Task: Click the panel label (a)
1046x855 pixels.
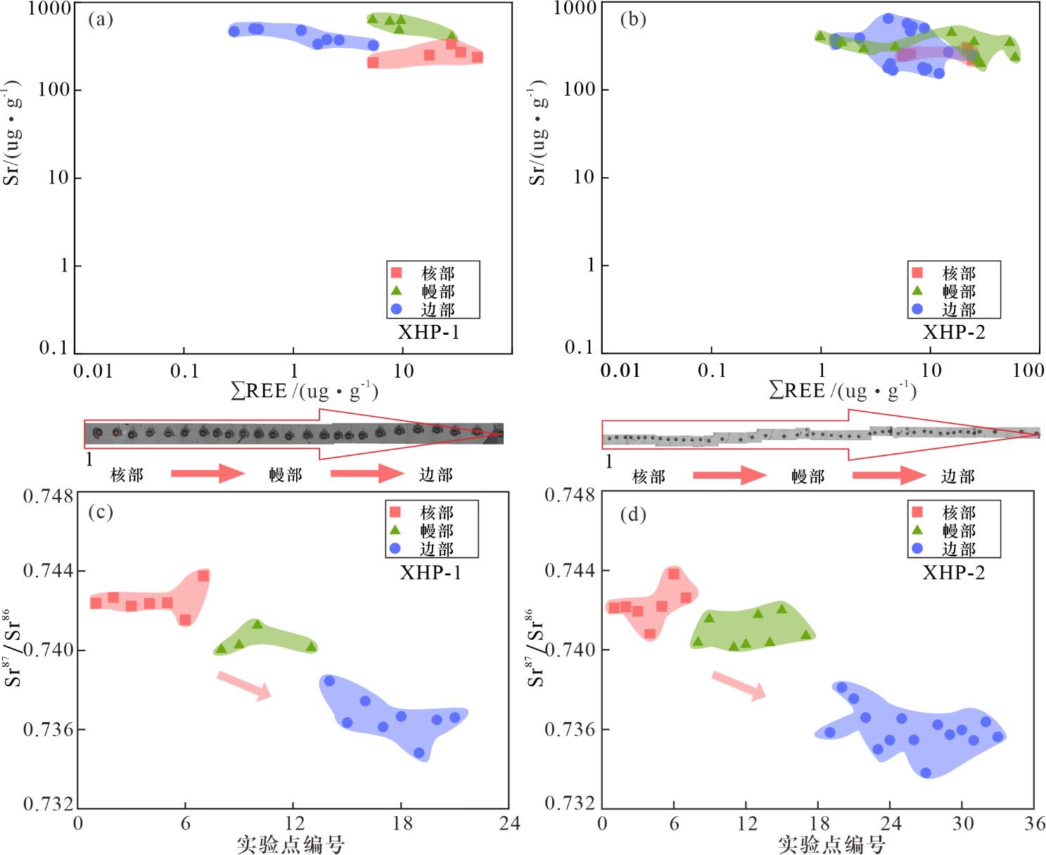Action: (x=100, y=19)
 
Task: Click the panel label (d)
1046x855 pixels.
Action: (x=632, y=515)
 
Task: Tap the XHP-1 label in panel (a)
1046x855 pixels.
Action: (x=428, y=332)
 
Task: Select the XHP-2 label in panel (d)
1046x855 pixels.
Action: (x=953, y=572)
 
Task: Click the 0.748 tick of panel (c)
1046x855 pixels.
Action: (x=48, y=496)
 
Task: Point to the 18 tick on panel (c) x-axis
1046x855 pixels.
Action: (x=402, y=823)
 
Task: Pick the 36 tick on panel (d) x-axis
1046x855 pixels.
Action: (x=1034, y=823)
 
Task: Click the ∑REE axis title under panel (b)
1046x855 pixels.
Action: (x=842, y=390)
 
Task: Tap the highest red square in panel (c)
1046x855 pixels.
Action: (x=203, y=576)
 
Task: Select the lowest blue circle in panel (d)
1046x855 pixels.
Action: (x=926, y=773)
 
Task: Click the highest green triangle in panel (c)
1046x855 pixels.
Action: (x=257, y=624)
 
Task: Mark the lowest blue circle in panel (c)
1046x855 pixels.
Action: (x=419, y=752)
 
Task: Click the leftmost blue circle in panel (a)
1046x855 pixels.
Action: (x=234, y=31)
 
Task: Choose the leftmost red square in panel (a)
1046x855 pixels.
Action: (x=374, y=63)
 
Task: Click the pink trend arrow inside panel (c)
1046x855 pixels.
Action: (x=244, y=686)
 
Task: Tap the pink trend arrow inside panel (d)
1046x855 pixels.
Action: (x=739, y=686)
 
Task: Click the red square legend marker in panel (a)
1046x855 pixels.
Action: (x=396, y=272)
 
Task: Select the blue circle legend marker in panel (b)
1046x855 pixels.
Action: (x=917, y=309)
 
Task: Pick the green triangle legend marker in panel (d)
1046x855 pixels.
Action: (x=917, y=530)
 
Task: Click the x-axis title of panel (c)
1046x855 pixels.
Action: (x=291, y=844)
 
